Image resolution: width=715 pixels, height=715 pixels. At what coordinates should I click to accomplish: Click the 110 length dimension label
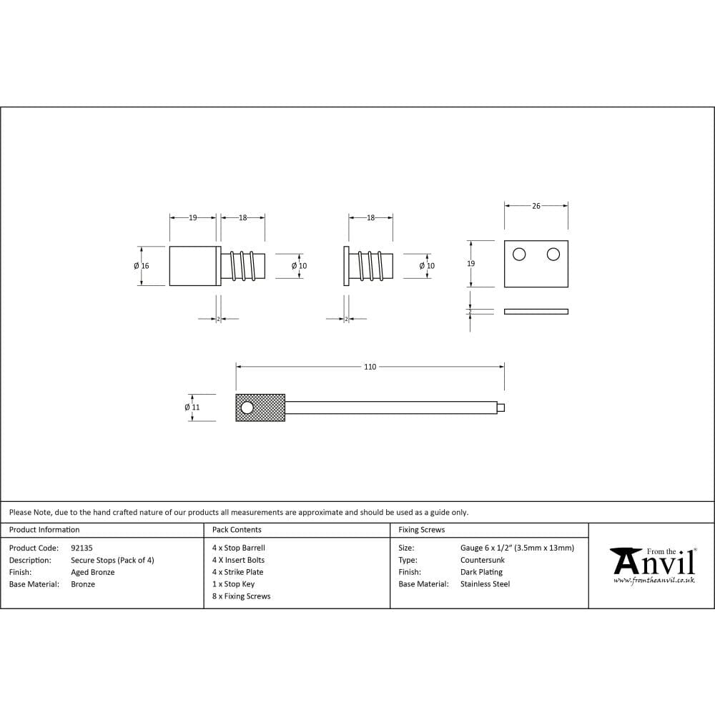click(370, 367)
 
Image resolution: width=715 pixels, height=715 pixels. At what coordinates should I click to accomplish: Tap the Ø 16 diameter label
click(142, 266)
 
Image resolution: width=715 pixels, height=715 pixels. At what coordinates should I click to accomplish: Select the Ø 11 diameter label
click(192, 408)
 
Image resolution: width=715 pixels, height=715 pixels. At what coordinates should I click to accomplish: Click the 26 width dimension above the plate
click(536, 206)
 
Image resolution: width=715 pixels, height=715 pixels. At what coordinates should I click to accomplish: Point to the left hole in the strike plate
click(519, 254)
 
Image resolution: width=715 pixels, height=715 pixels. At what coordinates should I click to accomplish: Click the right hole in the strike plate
click(553, 254)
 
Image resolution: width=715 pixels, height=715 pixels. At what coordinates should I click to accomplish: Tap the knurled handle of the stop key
click(261, 408)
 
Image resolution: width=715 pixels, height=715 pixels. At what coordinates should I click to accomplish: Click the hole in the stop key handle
click(247, 408)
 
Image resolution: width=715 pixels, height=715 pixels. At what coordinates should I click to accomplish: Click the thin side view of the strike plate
click(536, 311)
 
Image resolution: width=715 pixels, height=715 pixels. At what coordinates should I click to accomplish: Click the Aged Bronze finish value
click(93, 572)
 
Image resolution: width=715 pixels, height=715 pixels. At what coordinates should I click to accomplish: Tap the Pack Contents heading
click(237, 530)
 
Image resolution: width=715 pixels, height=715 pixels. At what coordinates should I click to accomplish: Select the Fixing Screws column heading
click(421, 530)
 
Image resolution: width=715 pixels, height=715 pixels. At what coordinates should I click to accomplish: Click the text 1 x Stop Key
click(233, 584)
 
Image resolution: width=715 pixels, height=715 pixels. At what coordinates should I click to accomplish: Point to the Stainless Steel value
click(485, 584)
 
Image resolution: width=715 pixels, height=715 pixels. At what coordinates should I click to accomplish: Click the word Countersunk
click(483, 560)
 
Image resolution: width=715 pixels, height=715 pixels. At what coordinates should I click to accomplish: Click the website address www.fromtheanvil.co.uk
click(654, 581)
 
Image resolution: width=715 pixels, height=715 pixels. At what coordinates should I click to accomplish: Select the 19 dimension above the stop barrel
click(192, 218)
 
